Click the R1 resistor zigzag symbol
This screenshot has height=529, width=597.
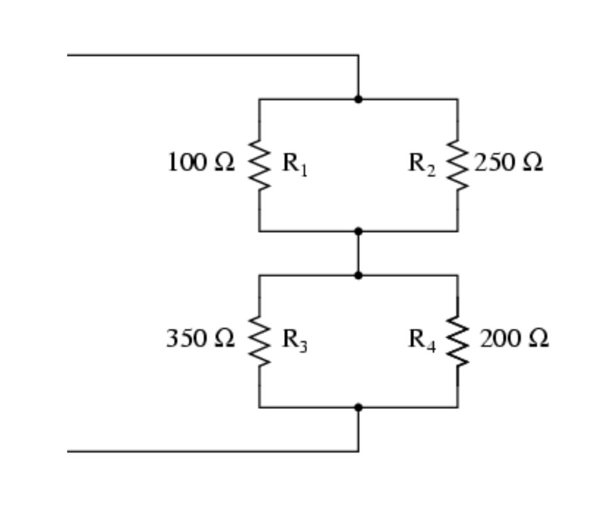[x=259, y=164]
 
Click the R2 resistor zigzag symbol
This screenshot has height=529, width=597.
[x=458, y=164]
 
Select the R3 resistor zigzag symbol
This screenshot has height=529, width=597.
[x=259, y=341]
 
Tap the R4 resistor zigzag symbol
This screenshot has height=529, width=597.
[x=458, y=341]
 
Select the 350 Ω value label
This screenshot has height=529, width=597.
[x=201, y=338]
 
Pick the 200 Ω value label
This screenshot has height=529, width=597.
[x=514, y=338]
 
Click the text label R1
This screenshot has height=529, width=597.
[x=295, y=163]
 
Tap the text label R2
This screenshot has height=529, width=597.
[x=422, y=163]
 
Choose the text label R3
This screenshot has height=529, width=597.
[x=295, y=339]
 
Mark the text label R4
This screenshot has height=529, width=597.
[x=422, y=339]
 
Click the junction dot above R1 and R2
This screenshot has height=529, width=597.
[x=358, y=99]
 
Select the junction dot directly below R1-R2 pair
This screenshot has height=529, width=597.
[x=358, y=232]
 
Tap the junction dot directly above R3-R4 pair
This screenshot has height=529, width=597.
[x=358, y=275]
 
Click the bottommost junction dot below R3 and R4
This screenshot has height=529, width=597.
[x=358, y=407]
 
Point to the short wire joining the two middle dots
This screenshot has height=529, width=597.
[x=358, y=253]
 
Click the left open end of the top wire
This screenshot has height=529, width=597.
[x=69, y=55]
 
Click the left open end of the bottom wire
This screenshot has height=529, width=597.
[x=69, y=451]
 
